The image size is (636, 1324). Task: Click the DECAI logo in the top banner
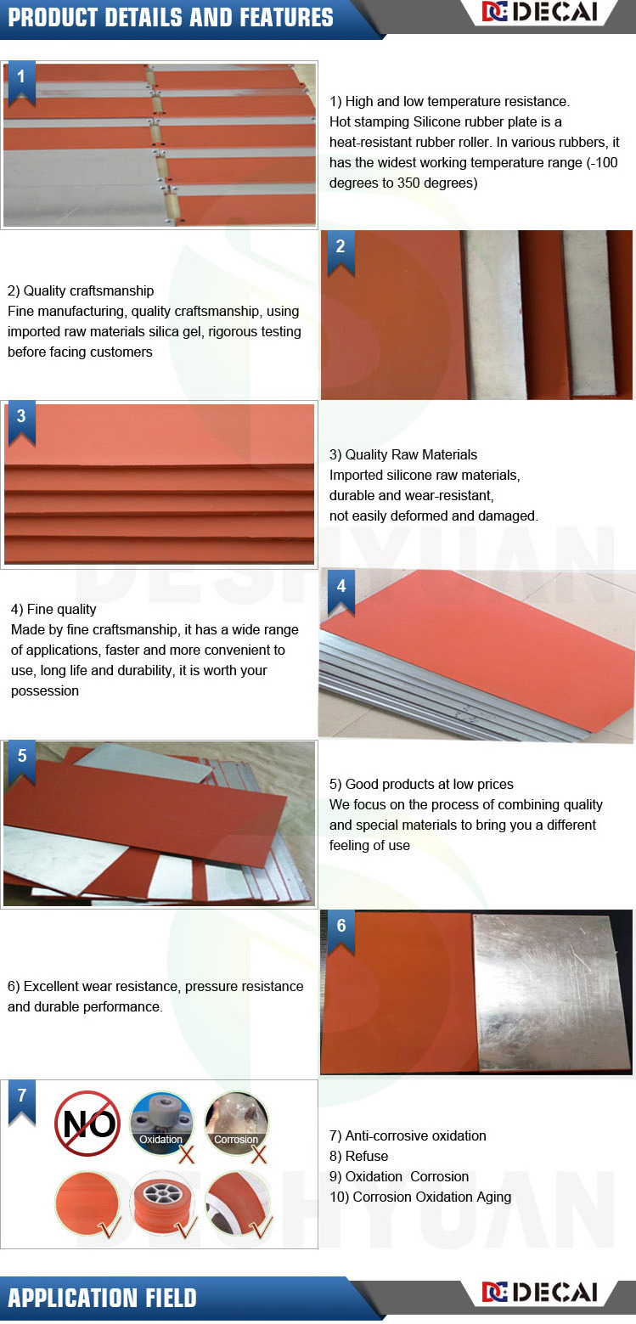[x=540, y=12]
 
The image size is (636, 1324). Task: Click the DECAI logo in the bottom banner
[x=540, y=1292]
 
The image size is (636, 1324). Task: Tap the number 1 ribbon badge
[x=22, y=82]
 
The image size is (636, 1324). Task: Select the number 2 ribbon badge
[x=341, y=253]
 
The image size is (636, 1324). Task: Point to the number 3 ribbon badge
[x=22, y=423]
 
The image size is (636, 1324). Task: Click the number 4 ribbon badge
[x=341, y=592]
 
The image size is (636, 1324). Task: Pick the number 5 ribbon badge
[x=22, y=763]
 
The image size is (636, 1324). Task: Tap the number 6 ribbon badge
[x=341, y=932]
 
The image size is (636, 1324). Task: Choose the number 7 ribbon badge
[x=22, y=1102]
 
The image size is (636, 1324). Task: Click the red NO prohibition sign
[x=87, y=1124]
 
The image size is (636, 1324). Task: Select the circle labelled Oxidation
[x=161, y=1123]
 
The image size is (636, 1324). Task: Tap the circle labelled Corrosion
[x=236, y=1123]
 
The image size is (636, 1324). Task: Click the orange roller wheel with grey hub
[x=161, y=1203]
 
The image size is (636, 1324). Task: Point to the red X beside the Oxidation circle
[x=187, y=1154]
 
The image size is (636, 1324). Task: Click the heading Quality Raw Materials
[x=411, y=454]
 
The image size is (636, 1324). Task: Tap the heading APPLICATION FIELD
[x=102, y=1298]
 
